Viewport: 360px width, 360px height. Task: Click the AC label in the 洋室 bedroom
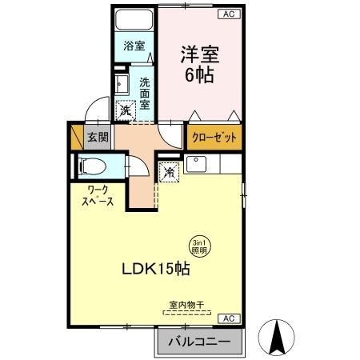pyautogui.click(x=228, y=14)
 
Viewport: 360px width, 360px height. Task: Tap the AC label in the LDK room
pyautogui.click(x=227, y=318)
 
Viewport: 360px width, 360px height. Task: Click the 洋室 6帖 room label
pyautogui.click(x=199, y=64)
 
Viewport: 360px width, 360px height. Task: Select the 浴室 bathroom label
pyautogui.click(x=134, y=46)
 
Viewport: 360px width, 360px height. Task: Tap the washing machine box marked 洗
pyautogui.click(x=126, y=112)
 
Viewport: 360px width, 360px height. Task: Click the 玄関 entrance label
pyautogui.click(x=98, y=138)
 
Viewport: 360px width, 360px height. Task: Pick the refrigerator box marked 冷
pyautogui.click(x=170, y=171)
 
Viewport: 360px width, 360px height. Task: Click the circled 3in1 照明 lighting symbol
pyautogui.click(x=199, y=246)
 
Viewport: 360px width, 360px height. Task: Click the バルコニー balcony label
pyautogui.click(x=199, y=342)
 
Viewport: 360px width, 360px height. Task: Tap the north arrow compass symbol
pyautogui.click(x=278, y=337)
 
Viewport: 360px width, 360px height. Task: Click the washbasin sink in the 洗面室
pyautogui.click(x=122, y=83)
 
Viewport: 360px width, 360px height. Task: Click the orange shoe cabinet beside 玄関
pyautogui.click(x=77, y=137)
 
